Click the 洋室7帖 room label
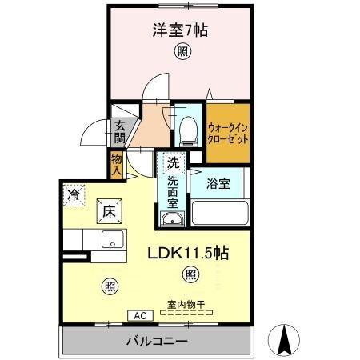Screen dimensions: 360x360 181,30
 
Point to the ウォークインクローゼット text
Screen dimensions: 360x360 229,130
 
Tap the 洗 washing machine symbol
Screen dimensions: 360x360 173,163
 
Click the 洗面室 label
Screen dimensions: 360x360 173,192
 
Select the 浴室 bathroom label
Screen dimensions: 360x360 219,182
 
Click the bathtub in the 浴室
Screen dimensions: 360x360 221,213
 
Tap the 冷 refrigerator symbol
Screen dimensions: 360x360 74,194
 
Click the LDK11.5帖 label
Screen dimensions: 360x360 189,253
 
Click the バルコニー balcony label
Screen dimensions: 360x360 157,342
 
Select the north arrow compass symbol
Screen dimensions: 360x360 284,342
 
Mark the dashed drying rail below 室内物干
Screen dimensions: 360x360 186,314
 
